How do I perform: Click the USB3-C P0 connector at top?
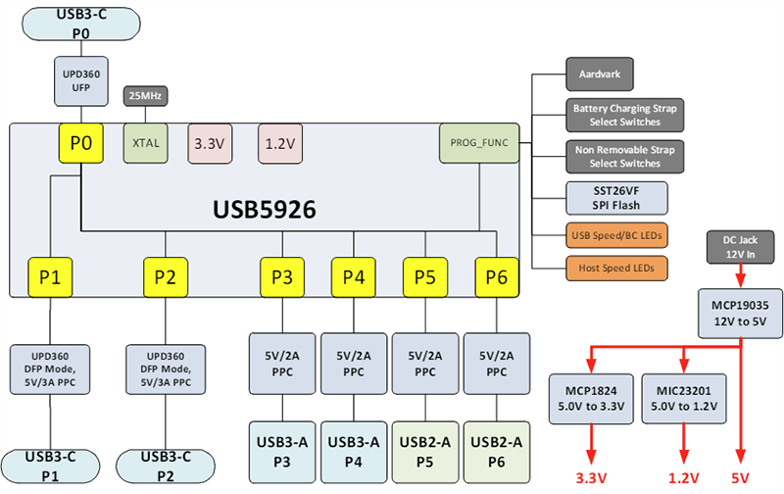tap(82, 24)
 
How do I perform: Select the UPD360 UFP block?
tap(82, 79)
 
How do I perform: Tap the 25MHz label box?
tap(146, 96)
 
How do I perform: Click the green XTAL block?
tap(146, 143)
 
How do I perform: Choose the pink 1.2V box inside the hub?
tap(282, 143)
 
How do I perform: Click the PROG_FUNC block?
tap(477, 143)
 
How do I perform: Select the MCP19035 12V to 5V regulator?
tap(741, 314)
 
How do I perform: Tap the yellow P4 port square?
tap(354, 277)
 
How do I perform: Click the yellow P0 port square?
tap(82, 144)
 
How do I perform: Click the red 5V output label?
tap(741, 480)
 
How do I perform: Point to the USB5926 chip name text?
tap(270, 210)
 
